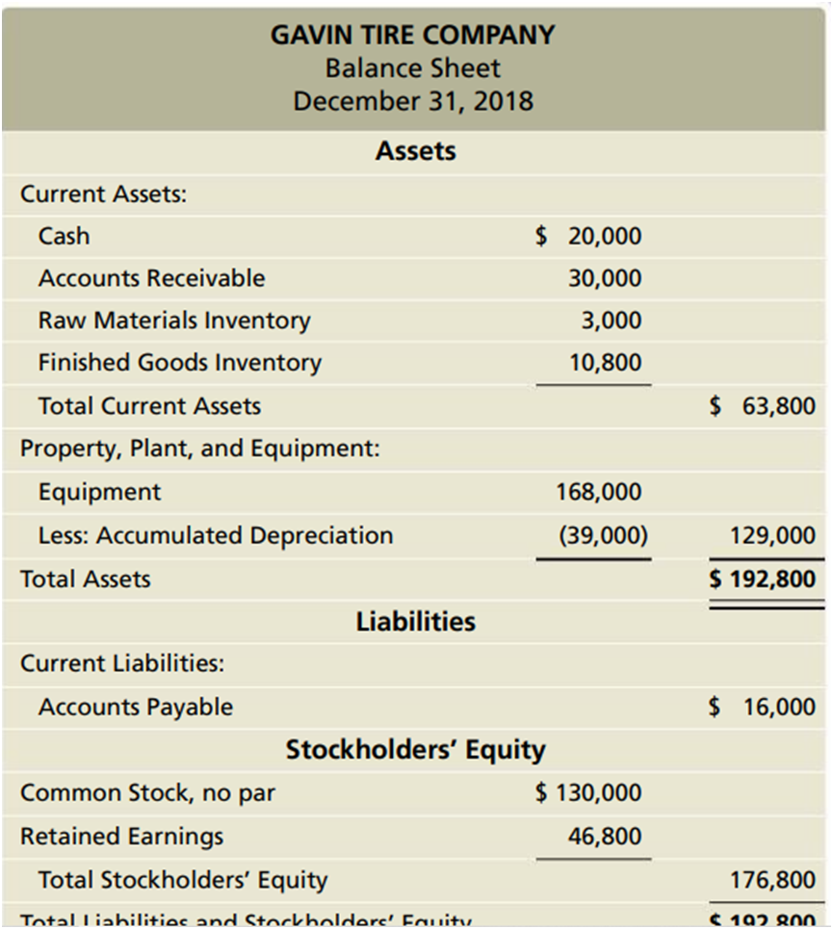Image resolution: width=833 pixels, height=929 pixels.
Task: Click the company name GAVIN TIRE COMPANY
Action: pyautogui.click(x=412, y=36)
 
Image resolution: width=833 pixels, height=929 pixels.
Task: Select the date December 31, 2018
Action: pyautogui.click(x=412, y=101)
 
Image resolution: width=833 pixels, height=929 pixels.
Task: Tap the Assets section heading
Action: pyautogui.click(x=415, y=151)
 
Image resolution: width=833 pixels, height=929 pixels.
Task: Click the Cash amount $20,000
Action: pyautogui.click(x=588, y=236)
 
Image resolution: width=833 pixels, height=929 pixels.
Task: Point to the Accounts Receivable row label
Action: pyautogui.click(x=151, y=278)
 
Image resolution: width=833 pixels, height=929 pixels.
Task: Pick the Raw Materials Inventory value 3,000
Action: pyautogui.click(x=611, y=321)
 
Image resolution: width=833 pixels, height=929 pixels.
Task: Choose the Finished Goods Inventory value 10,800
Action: pyautogui.click(x=605, y=363)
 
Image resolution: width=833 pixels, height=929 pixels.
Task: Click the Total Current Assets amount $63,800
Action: pyautogui.click(x=763, y=405)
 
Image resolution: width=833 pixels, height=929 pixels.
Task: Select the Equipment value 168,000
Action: pyautogui.click(x=599, y=492)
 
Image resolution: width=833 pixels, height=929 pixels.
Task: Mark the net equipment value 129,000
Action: pyautogui.click(x=772, y=535)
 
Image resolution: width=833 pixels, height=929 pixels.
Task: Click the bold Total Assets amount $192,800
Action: pyautogui.click(x=763, y=579)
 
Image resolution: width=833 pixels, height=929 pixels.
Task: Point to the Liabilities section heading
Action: pyautogui.click(x=415, y=622)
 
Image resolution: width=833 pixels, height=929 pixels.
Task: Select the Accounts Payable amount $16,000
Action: pyautogui.click(x=763, y=708)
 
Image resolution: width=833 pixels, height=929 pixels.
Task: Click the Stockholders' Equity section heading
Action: pyautogui.click(x=415, y=750)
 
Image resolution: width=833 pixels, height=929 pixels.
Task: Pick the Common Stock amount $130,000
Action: pyautogui.click(x=588, y=793)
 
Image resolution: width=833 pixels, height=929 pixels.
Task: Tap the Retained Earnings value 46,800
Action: pyautogui.click(x=605, y=837)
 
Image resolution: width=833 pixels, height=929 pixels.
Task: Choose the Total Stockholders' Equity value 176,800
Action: pyautogui.click(x=772, y=880)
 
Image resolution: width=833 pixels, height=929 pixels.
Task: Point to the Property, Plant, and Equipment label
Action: pyautogui.click(x=200, y=449)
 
